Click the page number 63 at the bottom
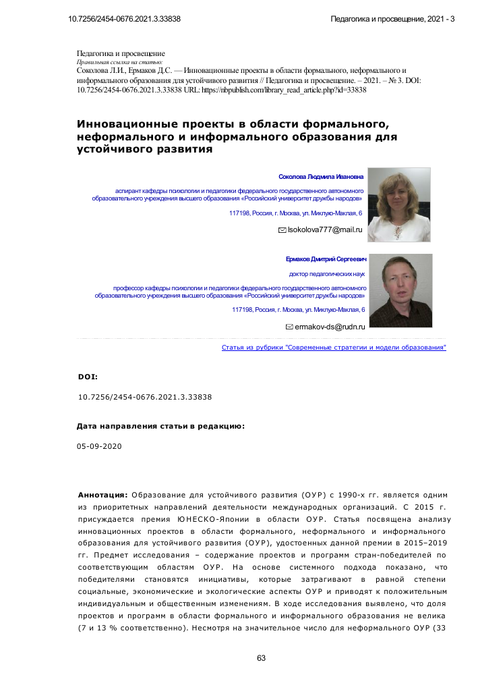262,658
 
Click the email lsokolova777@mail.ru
326,230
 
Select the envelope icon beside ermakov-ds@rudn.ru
290,327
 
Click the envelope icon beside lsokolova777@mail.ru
282,230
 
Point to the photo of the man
400,291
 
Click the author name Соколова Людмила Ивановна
321,177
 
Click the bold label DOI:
88,376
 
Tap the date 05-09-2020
100,446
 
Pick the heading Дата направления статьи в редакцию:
160,427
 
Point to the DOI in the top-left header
125,18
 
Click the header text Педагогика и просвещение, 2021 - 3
392,18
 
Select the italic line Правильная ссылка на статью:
115,61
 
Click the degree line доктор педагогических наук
327,275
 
